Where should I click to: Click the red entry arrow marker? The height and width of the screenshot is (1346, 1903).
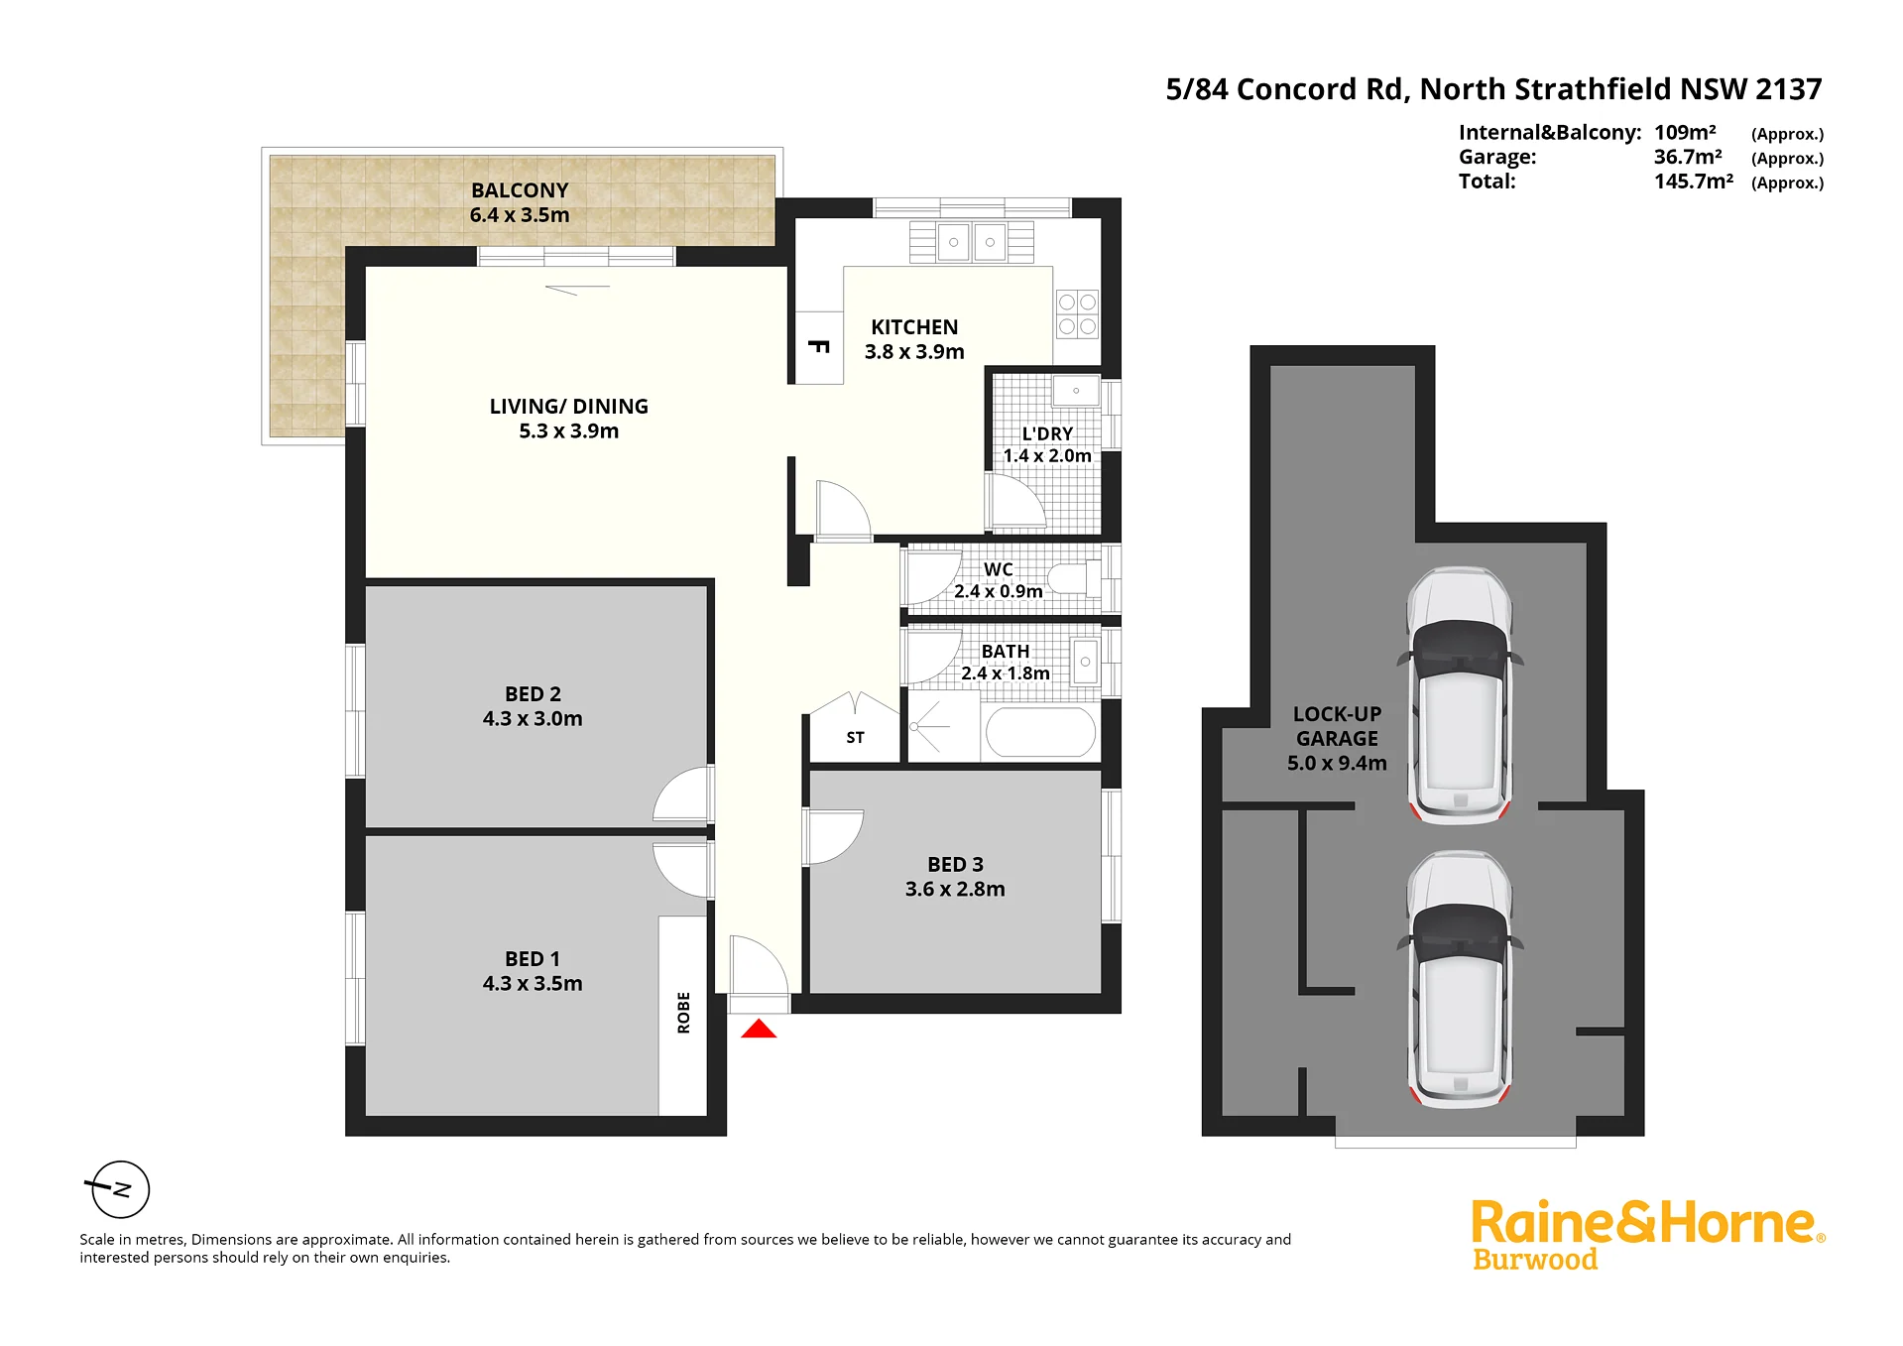(x=759, y=1029)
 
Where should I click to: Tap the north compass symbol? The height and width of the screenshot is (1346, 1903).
(x=119, y=1188)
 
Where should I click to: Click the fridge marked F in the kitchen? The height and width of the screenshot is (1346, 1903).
(x=819, y=347)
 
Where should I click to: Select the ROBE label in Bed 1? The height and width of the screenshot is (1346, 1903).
(x=683, y=1013)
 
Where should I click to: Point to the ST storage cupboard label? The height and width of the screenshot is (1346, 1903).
(x=855, y=738)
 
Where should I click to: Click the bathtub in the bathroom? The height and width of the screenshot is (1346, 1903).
(x=1040, y=732)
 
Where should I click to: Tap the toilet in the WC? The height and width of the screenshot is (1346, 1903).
(x=1075, y=577)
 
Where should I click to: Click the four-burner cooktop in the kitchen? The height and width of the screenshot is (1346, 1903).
(x=1077, y=314)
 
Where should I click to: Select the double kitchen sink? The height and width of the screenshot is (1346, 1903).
(x=972, y=242)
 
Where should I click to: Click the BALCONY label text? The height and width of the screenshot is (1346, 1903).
(x=520, y=190)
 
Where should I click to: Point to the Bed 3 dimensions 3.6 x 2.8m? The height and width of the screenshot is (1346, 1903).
(x=955, y=890)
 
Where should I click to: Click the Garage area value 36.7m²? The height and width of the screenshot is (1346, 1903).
(x=1688, y=157)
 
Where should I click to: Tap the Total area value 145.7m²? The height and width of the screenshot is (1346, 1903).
(x=1694, y=182)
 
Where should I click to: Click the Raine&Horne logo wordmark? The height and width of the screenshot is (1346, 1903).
(x=1646, y=1223)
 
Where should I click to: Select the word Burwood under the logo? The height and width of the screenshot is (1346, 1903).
(x=1535, y=1260)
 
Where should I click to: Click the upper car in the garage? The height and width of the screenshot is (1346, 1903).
(x=1460, y=694)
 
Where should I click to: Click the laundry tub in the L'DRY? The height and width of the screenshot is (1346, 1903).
(x=1076, y=391)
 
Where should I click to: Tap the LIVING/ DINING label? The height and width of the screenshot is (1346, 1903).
(x=569, y=407)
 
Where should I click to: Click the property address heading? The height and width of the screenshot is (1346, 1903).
(x=1493, y=89)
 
